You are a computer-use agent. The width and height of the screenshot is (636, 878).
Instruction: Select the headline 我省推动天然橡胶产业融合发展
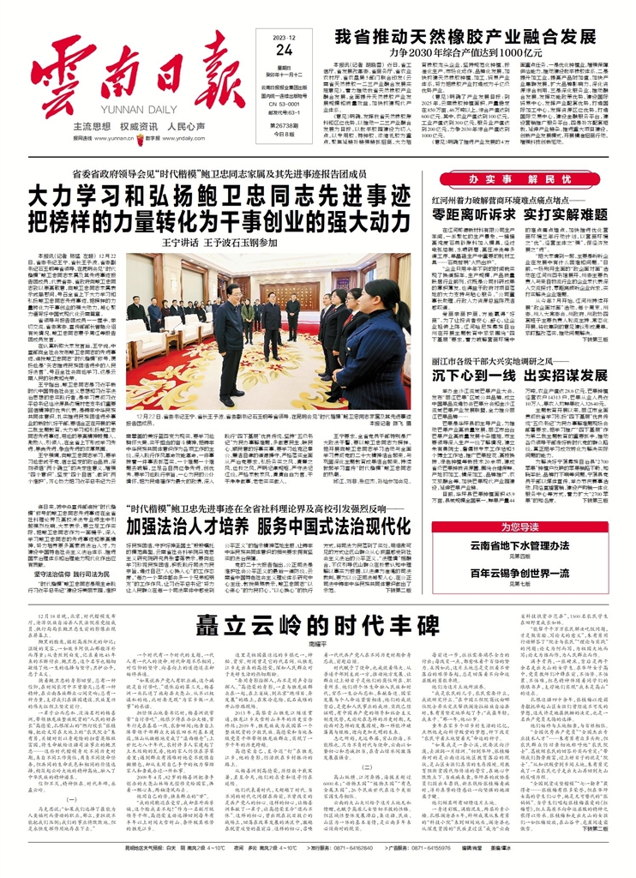pos(465,37)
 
